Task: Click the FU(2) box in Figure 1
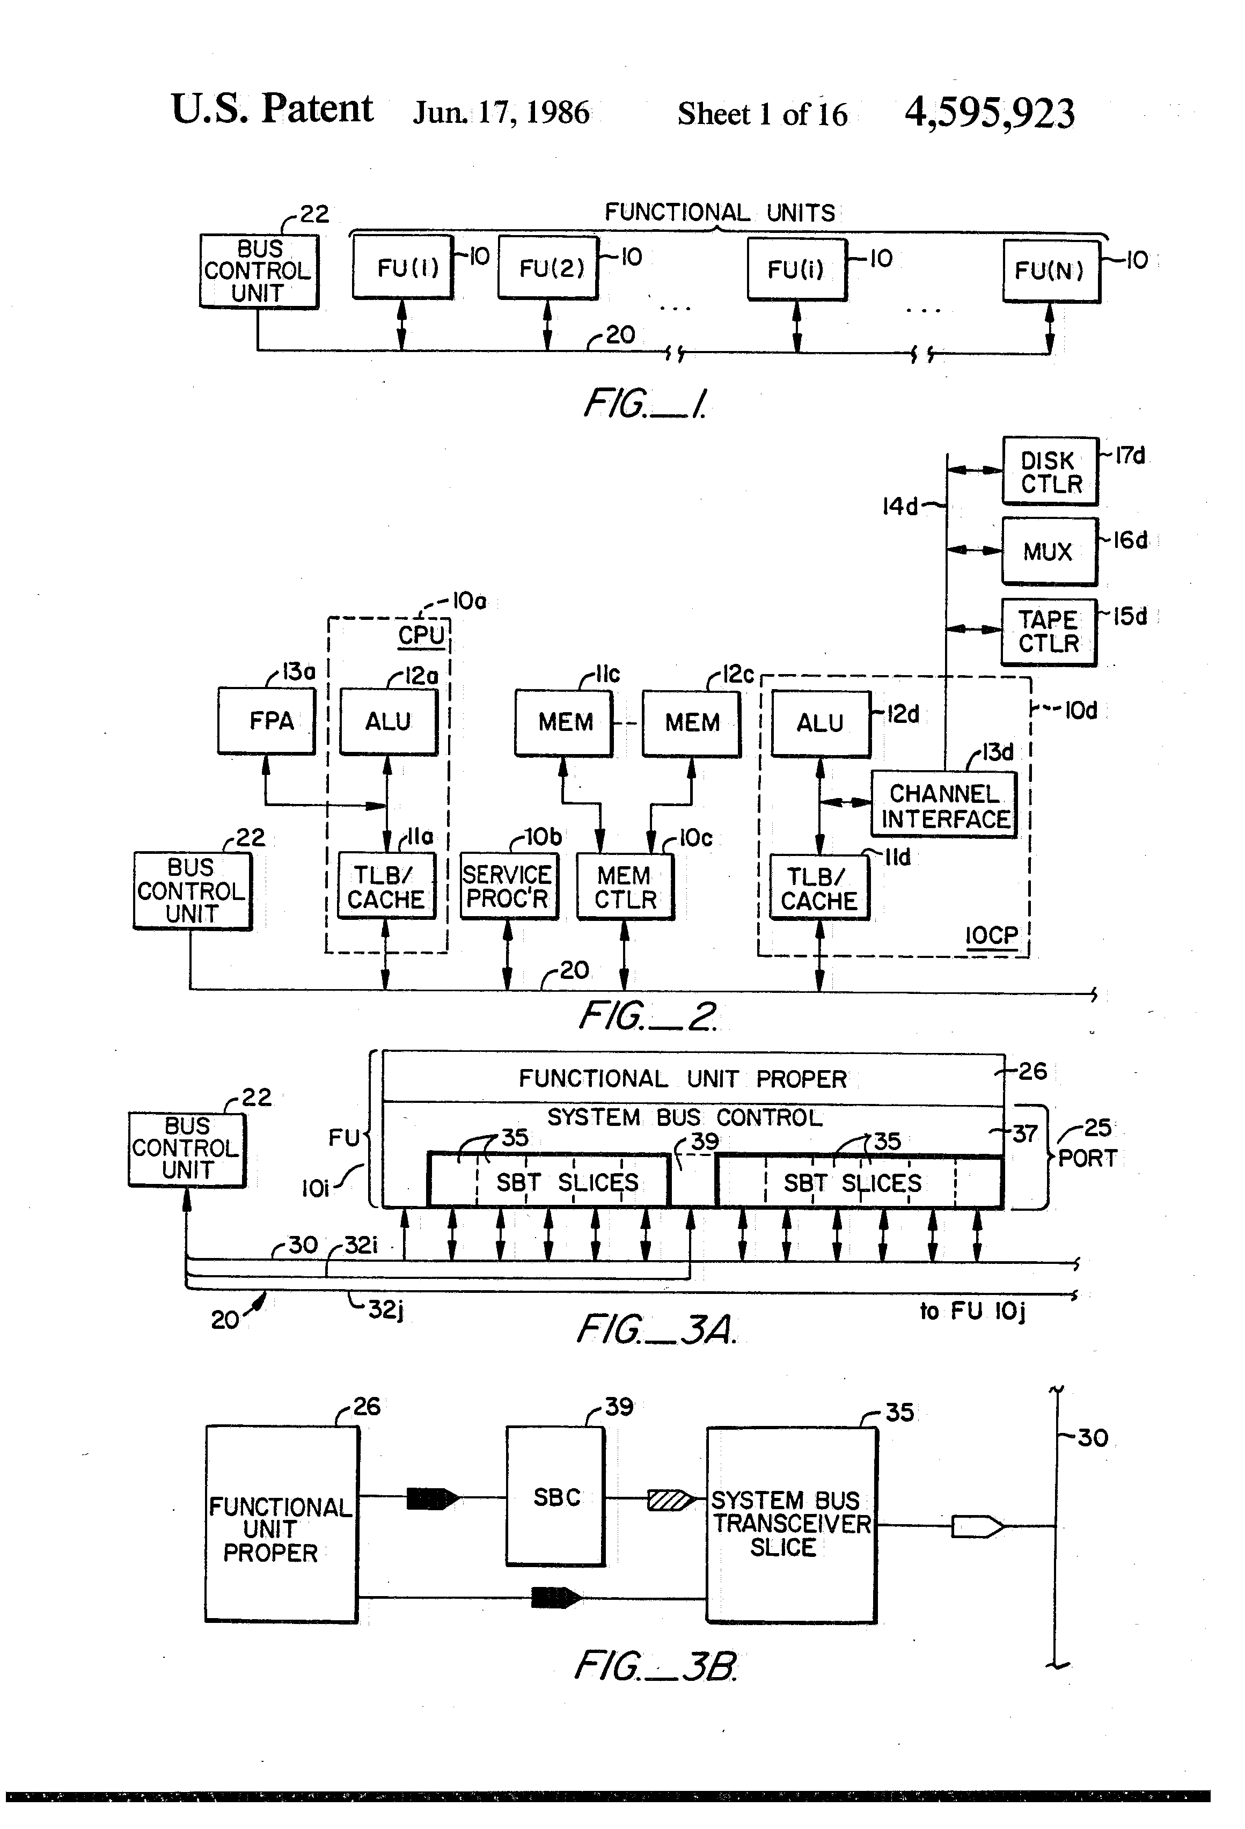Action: [548, 268]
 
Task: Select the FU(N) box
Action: [1051, 270]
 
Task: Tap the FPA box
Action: [267, 721]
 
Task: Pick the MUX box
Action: [1050, 551]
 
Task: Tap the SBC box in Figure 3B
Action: [555, 1496]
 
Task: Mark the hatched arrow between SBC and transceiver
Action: [671, 1500]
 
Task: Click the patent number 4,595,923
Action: [989, 113]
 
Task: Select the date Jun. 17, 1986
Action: [501, 113]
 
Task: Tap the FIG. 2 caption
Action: [648, 1016]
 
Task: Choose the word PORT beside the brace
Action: [1088, 1159]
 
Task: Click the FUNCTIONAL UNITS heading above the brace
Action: [719, 213]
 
